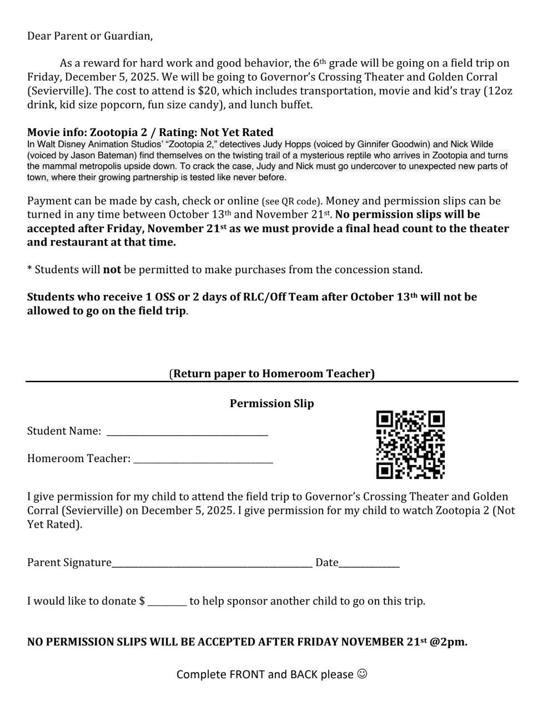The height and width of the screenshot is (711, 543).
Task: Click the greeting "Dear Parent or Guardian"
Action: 89,36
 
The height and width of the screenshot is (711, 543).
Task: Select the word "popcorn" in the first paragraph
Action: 125,104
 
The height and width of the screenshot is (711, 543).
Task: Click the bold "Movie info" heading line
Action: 150,132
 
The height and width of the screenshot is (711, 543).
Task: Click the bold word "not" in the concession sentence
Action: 112,270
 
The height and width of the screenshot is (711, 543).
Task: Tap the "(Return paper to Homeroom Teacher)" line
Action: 271,373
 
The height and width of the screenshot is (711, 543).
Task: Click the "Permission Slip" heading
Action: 271,403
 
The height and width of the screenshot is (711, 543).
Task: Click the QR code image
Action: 410,445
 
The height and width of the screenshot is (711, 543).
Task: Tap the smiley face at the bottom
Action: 362,674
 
